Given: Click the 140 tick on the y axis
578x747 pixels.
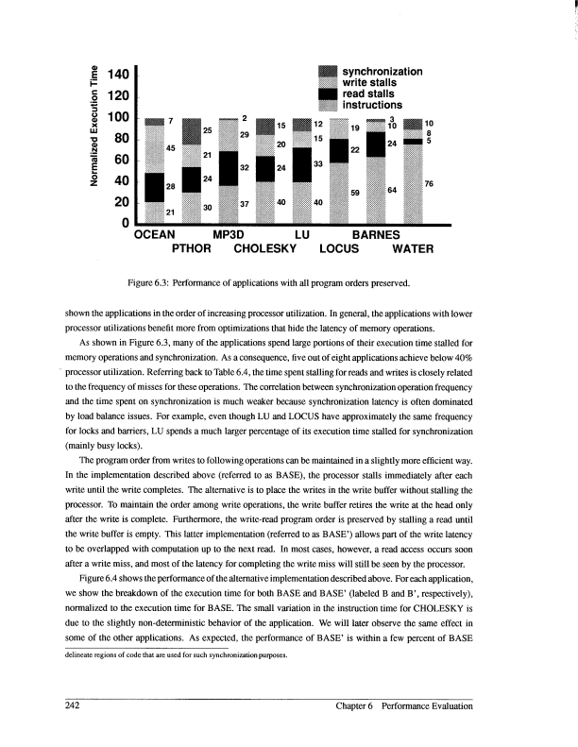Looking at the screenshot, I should (118, 75).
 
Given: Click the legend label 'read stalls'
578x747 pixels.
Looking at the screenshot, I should (370, 93).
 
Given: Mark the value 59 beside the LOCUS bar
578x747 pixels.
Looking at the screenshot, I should (355, 192).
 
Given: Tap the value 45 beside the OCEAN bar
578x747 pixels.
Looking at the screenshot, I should (170, 147).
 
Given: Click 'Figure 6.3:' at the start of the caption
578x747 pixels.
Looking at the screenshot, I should (164, 280).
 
